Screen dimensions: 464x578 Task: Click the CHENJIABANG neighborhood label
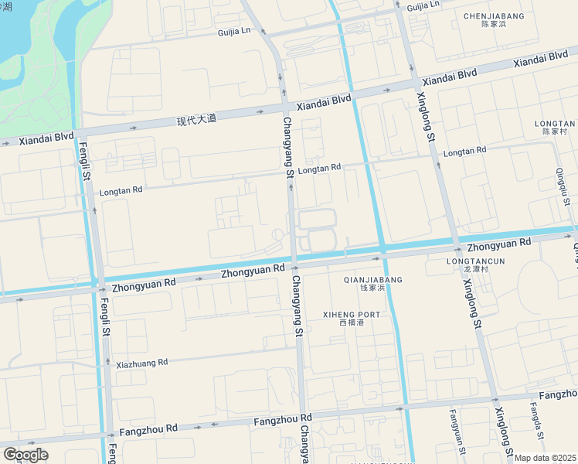click(494, 15)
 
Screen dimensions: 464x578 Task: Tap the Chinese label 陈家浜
click(494, 25)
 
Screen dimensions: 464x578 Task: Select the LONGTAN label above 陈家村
click(554, 123)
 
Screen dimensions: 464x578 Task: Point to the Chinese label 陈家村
click(554, 132)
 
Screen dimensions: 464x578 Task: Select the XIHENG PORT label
click(352, 314)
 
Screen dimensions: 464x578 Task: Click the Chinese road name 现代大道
click(196, 120)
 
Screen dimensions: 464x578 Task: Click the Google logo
click(25, 454)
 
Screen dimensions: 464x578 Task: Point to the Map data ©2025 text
click(546, 458)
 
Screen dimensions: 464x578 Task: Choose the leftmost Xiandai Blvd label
click(46, 138)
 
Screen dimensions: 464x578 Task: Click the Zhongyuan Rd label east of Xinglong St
click(499, 243)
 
